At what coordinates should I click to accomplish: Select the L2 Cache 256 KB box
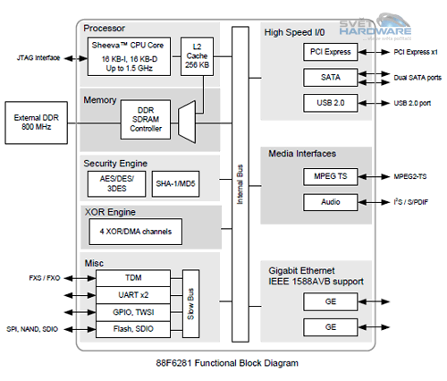(x=196, y=55)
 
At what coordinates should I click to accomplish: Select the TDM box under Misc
(x=133, y=278)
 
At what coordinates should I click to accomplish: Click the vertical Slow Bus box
(x=190, y=304)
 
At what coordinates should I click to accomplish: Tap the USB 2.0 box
(x=331, y=103)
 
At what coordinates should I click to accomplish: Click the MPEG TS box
(x=331, y=178)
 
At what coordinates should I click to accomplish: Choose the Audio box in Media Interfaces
(x=331, y=203)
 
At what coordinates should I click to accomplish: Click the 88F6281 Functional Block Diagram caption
(x=223, y=363)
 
